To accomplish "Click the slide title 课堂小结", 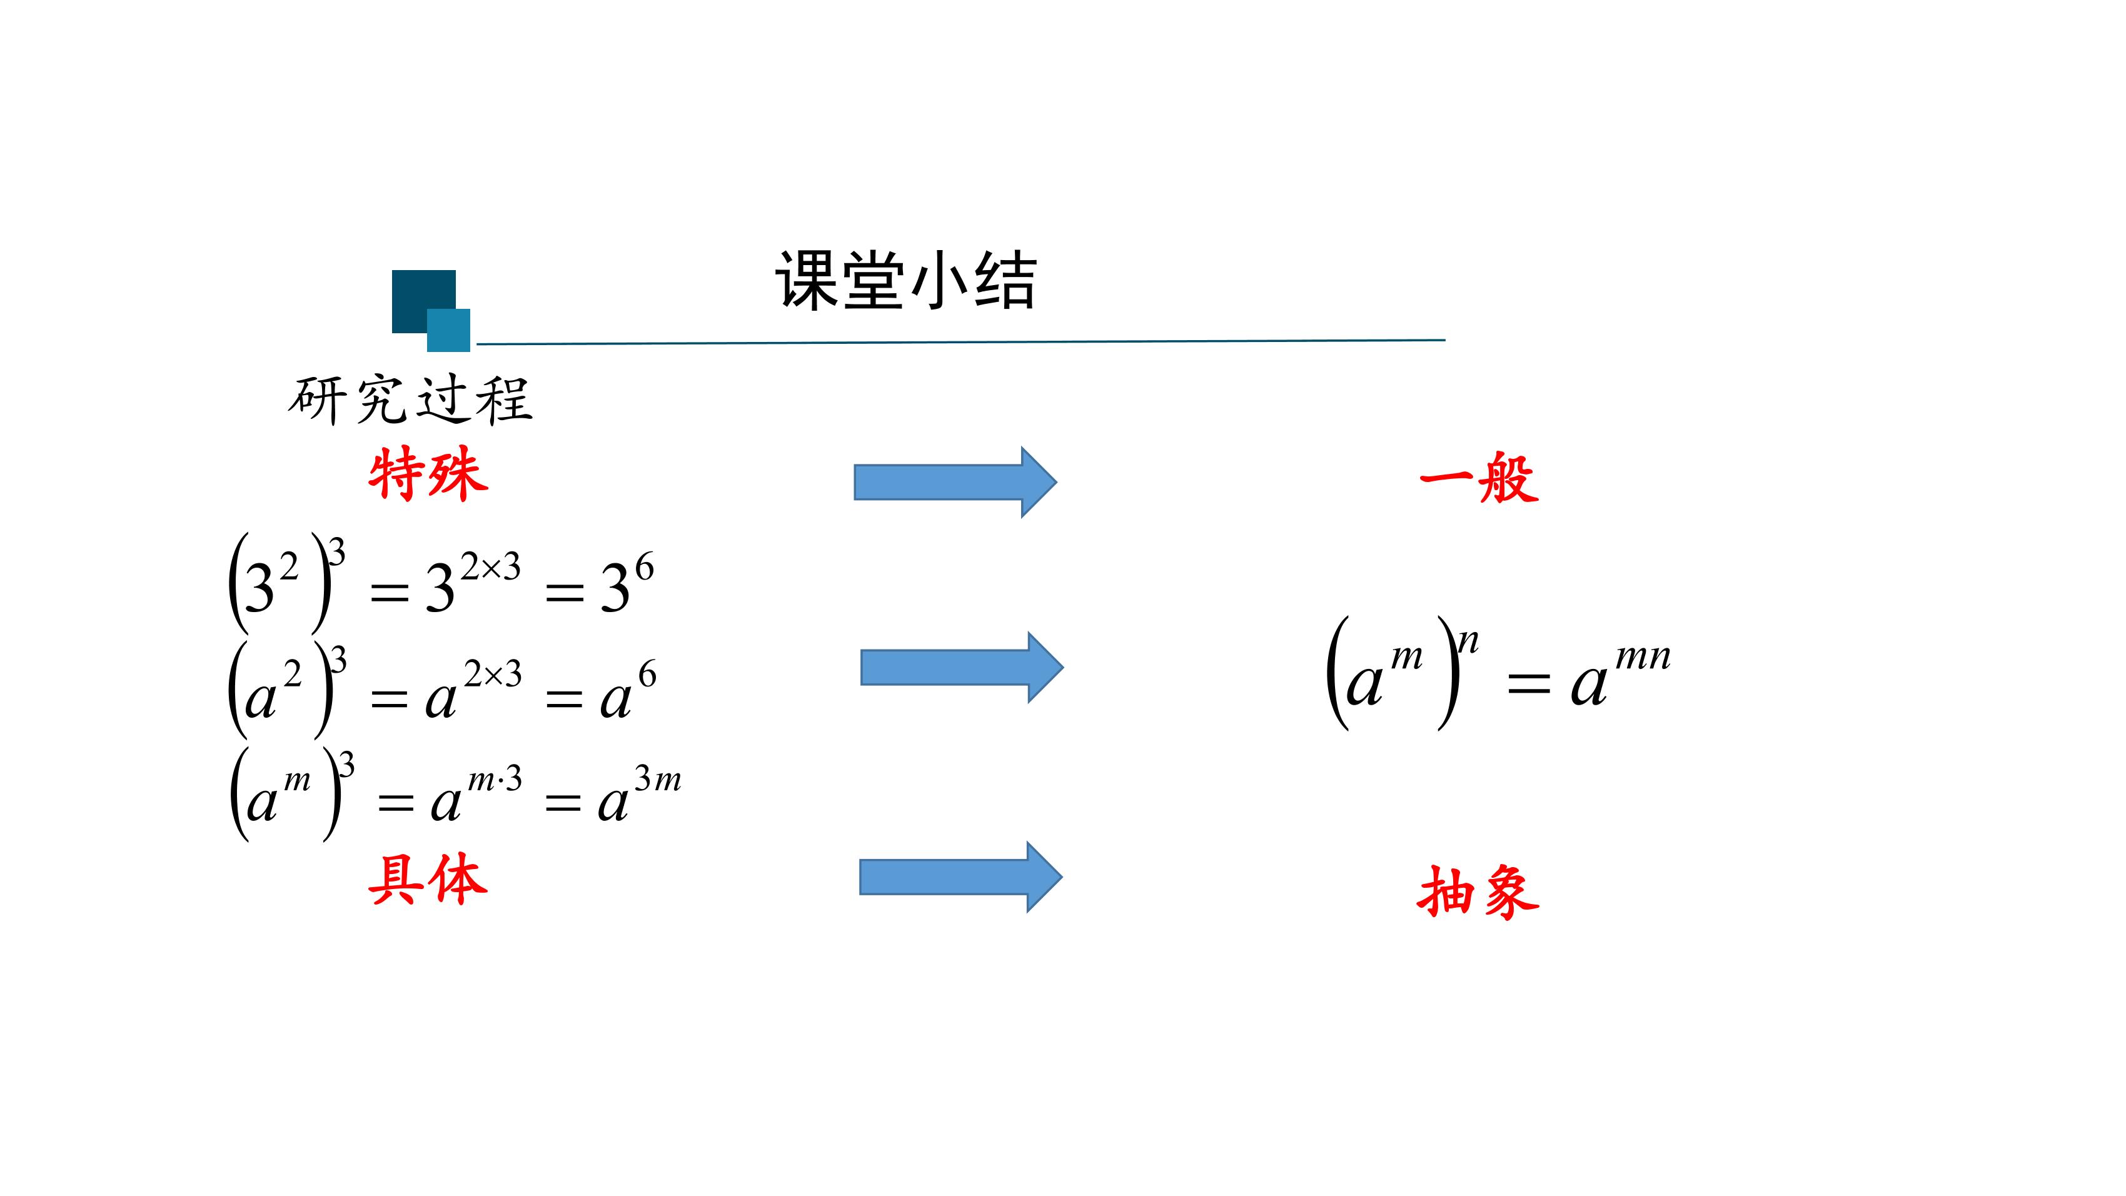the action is [905, 281].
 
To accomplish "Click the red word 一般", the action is [1479, 478].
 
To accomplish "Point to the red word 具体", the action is [428, 879].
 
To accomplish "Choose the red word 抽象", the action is [1478, 892].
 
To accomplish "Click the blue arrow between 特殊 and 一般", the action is [955, 482].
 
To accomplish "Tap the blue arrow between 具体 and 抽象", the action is [960, 877].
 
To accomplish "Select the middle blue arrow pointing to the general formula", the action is [962, 667].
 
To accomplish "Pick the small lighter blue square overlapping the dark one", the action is [449, 330].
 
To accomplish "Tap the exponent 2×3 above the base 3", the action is [490, 567].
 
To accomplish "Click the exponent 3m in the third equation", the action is [658, 778].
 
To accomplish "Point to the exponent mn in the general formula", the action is [1643, 657].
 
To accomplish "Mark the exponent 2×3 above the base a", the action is [493, 675].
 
